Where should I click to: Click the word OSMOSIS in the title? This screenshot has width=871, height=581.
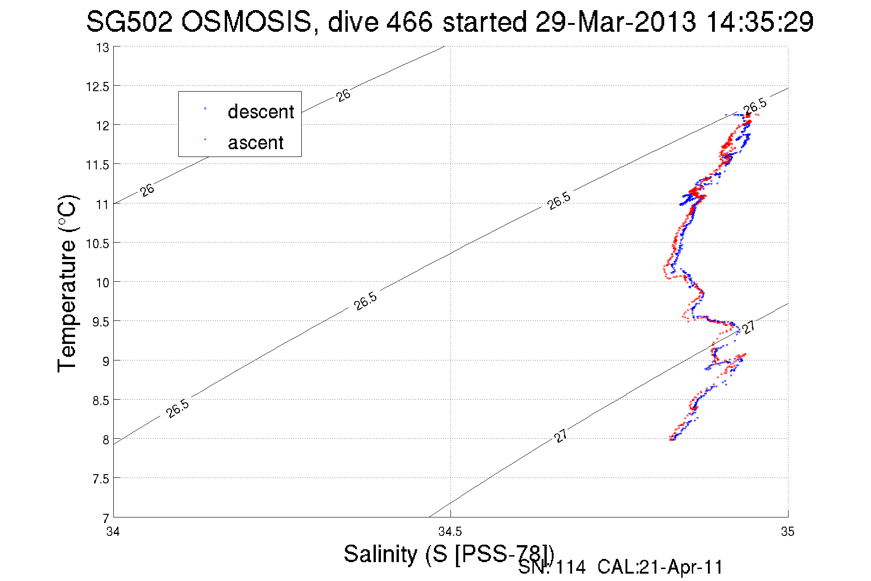click(246, 22)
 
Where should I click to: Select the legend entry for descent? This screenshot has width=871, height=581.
click(261, 112)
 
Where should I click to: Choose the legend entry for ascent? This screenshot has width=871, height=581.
click(256, 143)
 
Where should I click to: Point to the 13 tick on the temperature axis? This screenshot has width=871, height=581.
click(103, 47)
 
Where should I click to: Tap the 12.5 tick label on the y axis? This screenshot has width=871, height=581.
click(97, 87)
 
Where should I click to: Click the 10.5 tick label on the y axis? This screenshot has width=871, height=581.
click(97, 244)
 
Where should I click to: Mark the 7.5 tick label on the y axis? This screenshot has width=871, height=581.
click(100, 479)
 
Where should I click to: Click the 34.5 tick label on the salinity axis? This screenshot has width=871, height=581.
click(450, 532)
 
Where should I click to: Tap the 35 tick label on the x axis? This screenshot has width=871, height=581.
click(788, 532)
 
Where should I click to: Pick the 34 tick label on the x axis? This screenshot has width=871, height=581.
click(113, 532)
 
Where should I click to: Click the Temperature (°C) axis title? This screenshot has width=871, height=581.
click(67, 284)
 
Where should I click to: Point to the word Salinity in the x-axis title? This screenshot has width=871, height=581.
click(380, 553)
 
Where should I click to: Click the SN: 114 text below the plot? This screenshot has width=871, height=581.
click(552, 568)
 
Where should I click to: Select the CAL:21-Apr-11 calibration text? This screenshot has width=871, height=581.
click(660, 568)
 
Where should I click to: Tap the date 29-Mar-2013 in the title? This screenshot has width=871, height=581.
click(615, 22)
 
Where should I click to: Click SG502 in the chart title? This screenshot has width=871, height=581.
click(129, 22)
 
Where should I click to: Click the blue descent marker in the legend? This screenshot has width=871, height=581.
click(205, 109)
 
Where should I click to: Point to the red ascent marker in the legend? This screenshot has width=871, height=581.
click(205, 139)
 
